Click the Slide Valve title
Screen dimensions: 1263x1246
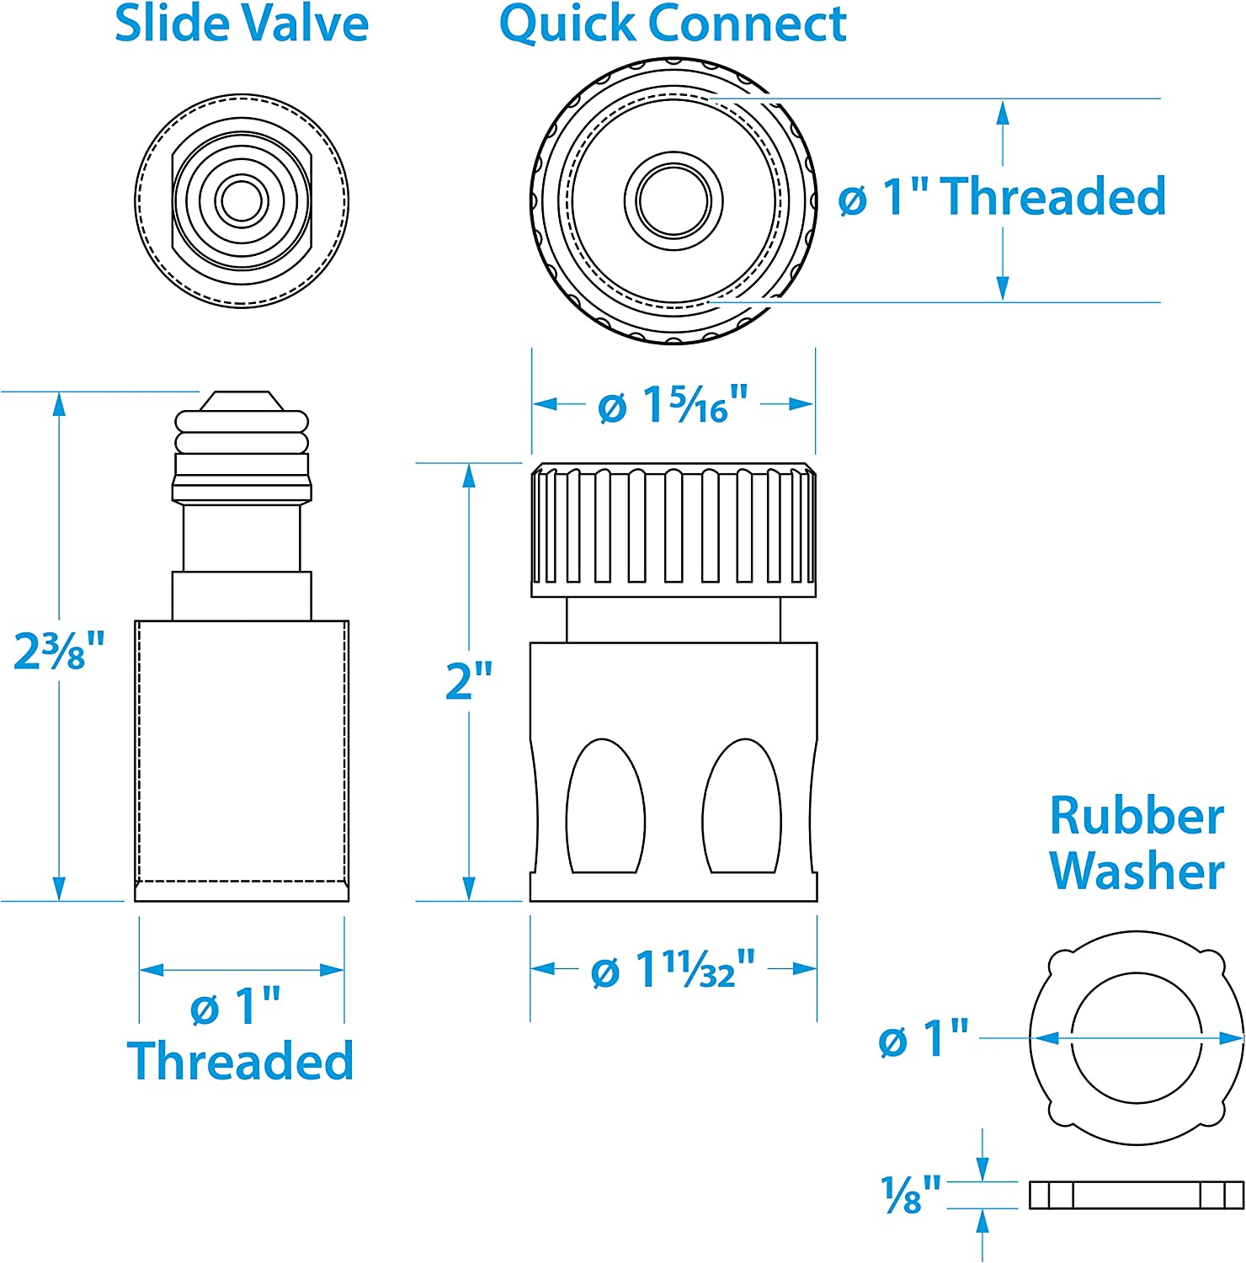[x=242, y=24]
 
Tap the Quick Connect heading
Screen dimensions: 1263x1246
[x=673, y=24]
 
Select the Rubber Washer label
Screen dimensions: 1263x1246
[x=1137, y=843]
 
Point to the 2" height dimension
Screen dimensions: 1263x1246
[x=469, y=680]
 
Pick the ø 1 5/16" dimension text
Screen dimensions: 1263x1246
[x=673, y=405]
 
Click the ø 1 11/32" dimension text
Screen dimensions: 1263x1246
[x=673, y=970]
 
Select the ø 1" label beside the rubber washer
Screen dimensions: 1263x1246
[x=924, y=1038]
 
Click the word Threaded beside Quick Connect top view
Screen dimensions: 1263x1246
[x=1052, y=197]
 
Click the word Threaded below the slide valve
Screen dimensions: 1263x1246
[x=241, y=1061]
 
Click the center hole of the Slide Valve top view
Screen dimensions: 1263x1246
[x=242, y=200]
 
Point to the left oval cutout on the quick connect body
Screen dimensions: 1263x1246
[x=605, y=808]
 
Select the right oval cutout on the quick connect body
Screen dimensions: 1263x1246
[x=742, y=808]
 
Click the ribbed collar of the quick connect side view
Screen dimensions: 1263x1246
[x=674, y=527]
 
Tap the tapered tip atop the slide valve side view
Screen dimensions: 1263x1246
[x=242, y=401]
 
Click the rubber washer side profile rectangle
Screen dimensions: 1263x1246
[x=1137, y=1195]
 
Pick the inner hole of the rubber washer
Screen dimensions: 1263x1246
[x=1137, y=1037]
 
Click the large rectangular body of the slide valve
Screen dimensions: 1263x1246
[x=242, y=758]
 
